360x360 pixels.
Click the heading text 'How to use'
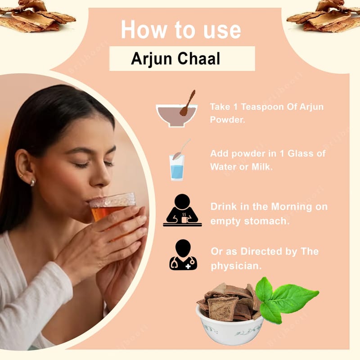(181, 30)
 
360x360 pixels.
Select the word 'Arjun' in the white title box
(152, 59)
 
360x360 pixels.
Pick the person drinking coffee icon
(183, 210)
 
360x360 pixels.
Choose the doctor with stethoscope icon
(183, 255)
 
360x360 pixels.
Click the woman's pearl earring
(32, 182)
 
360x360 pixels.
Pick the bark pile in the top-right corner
(324, 16)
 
